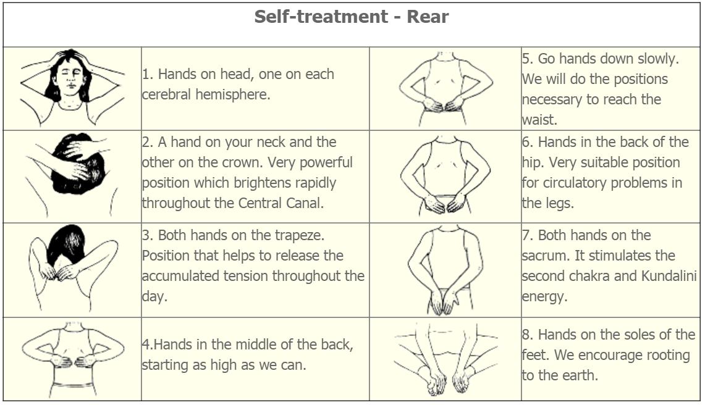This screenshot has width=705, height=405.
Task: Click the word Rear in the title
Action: (428, 17)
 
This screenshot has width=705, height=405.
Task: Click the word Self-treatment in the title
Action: (321, 17)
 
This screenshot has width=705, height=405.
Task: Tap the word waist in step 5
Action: (539, 120)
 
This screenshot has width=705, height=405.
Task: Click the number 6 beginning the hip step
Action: (526, 143)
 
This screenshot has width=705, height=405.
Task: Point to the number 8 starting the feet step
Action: (526, 335)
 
